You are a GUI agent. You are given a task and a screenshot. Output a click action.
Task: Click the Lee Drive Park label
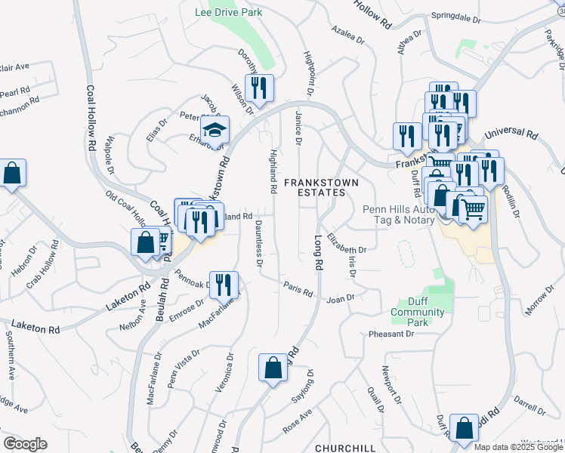pos(228,12)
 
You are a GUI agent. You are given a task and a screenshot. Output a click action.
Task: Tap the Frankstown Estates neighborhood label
pos(315,187)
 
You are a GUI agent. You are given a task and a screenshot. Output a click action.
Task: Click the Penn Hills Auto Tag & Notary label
pos(398,214)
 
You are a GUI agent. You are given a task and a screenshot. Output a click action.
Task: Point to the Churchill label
pos(345,448)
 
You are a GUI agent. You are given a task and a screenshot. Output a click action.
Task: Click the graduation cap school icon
pos(215,130)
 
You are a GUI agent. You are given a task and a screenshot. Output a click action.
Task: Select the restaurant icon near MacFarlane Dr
pos(223,285)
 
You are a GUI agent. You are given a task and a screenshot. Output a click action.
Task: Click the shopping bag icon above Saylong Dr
pos(273,368)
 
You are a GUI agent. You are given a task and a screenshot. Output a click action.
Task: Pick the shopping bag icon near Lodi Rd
pos(464,427)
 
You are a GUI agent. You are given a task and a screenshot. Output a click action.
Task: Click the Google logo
pos(25,444)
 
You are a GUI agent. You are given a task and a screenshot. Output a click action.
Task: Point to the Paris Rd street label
pos(298,288)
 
